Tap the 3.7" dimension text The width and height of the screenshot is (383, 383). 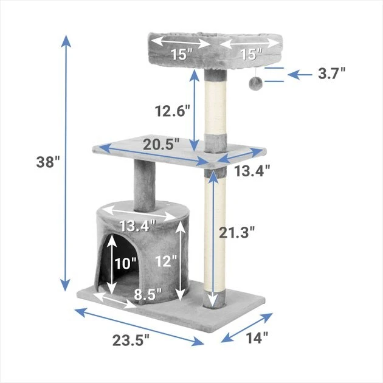click(x=332, y=74)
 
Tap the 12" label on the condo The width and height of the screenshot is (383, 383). click(x=165, y=261)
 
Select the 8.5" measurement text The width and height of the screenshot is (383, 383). click(x=147, y=294)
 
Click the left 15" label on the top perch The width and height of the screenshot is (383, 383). click(x=181, y=54)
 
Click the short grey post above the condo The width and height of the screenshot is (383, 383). click(x=145, y=179)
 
